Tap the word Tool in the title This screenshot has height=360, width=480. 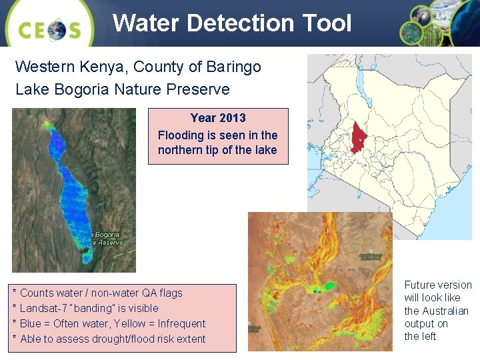325,23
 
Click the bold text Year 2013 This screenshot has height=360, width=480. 218,118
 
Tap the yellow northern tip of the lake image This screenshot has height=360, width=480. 47,123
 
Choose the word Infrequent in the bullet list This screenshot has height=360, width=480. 181,323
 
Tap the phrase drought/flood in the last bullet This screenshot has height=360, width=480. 103,339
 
